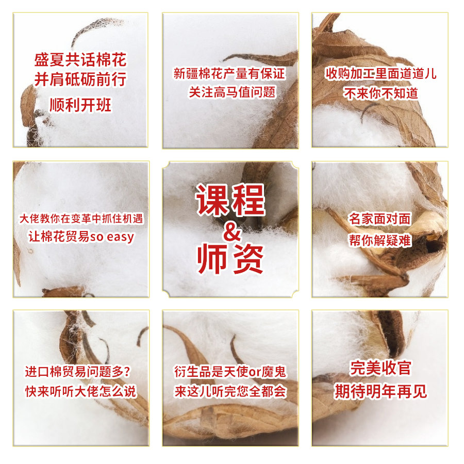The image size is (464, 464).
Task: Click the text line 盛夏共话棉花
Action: [80, 60]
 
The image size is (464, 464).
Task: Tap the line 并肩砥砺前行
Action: [80, 79]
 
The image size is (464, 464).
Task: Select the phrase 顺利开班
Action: [80, 105]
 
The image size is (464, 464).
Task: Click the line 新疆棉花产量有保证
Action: [229, 73]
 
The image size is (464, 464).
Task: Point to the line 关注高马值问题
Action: [233, 92]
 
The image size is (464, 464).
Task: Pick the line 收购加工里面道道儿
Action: [381, 73]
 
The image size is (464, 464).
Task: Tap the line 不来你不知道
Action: [381, 93]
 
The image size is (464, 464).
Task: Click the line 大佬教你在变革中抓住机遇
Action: [81, 219]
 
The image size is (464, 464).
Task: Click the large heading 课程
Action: [230, 200]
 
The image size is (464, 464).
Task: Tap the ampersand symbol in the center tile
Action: [233, 231]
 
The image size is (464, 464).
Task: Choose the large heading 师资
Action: [230, 259]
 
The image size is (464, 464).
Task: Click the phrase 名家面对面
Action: [379, 219]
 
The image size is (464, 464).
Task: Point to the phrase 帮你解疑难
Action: [379, 240]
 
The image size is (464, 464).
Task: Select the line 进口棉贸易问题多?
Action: [78, 371]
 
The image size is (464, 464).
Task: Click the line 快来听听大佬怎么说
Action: [80, 391]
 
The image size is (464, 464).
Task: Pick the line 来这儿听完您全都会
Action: [230, 391]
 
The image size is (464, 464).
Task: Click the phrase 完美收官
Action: [380, 368]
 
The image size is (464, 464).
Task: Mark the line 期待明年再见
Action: [380, 391]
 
